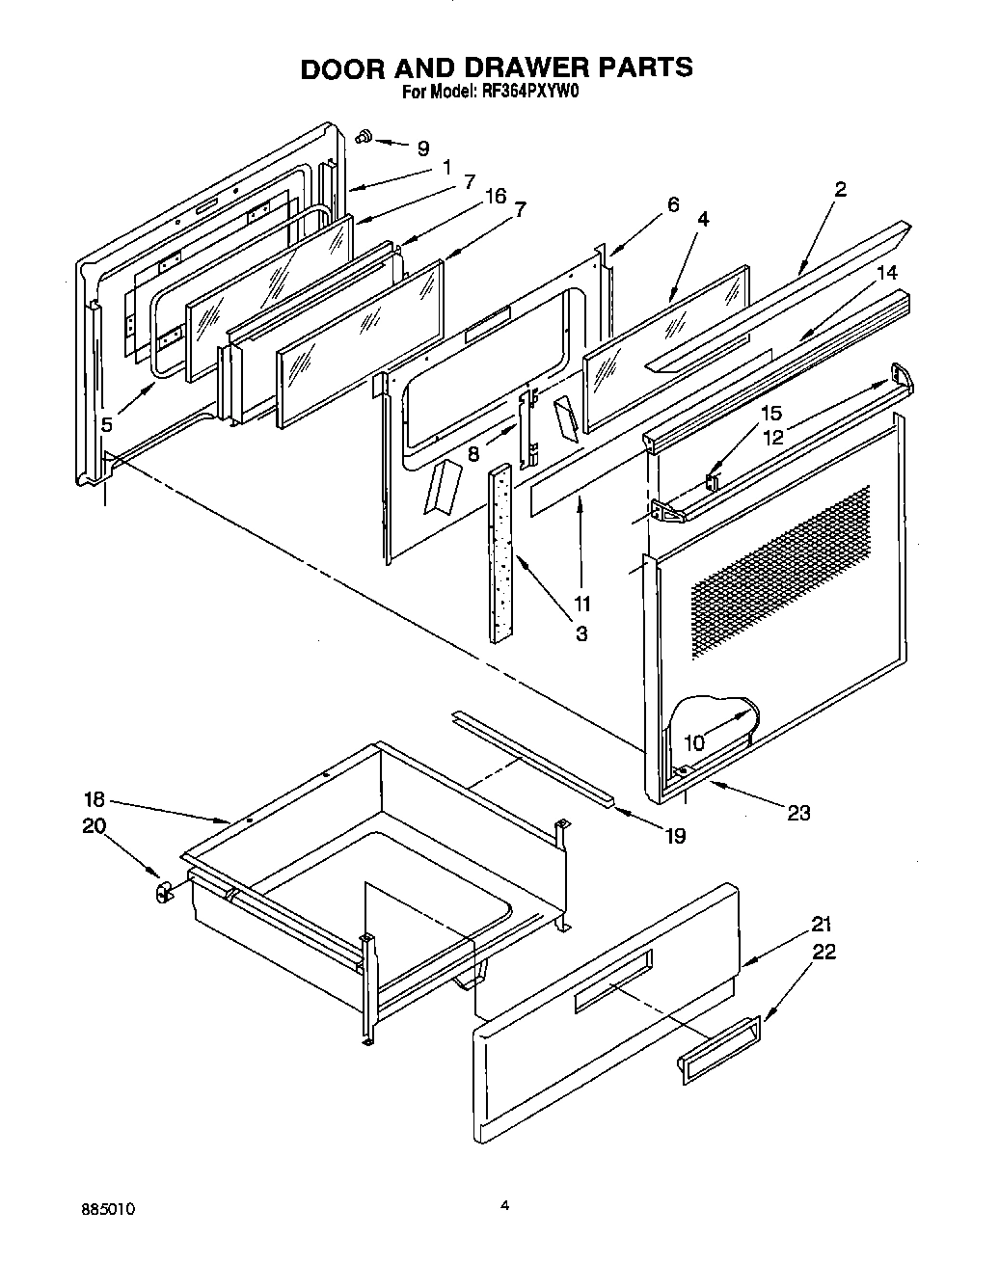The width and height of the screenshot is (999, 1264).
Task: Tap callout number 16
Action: click(496, 197)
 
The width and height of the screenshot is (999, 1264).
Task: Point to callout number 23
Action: click(797, 812)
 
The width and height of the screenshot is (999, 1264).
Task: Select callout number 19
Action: click(675, 835)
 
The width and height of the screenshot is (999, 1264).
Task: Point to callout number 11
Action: click(581, 604)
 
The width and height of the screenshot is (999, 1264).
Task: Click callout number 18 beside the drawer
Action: click(94, 799)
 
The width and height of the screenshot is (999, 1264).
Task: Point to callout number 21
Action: click(821, 922)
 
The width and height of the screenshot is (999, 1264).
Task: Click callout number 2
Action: click(840, 189)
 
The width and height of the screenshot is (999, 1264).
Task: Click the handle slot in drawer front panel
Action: click(613, 982)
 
